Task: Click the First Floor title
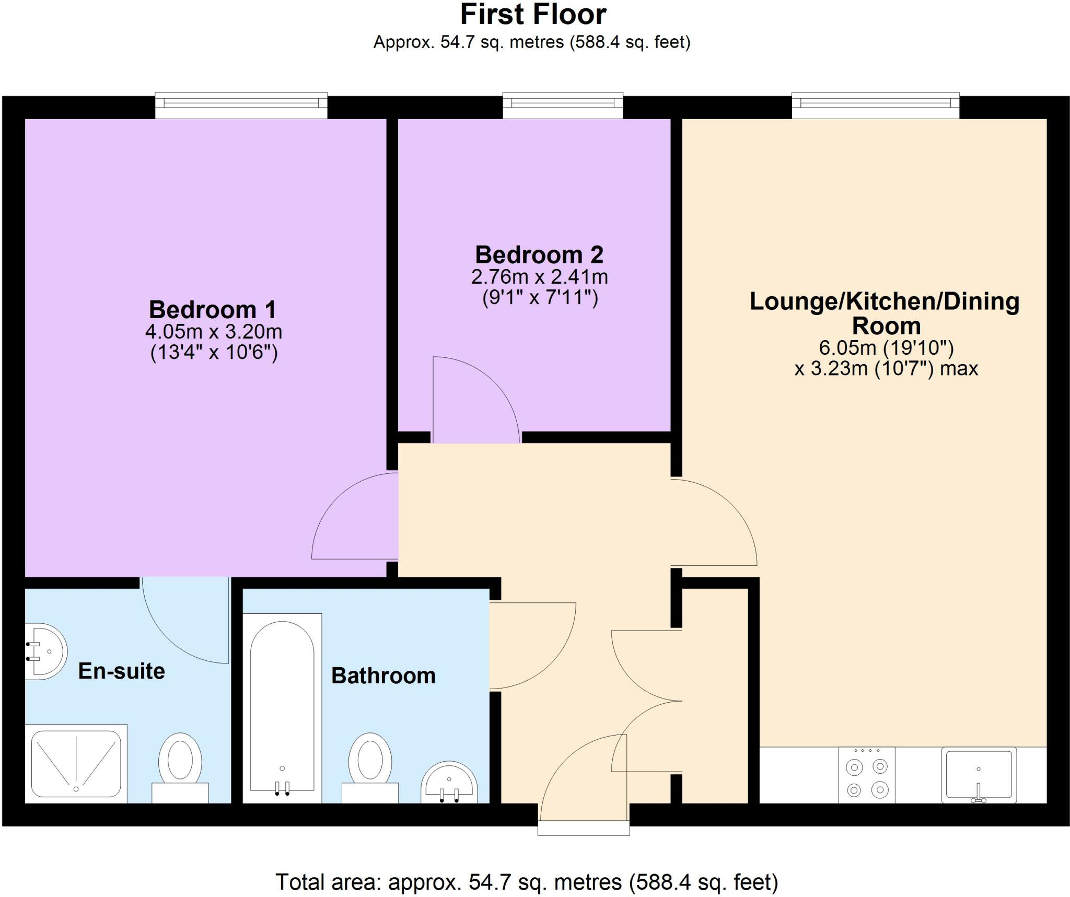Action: click(532, 15)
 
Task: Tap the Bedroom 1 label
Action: click(212, 309)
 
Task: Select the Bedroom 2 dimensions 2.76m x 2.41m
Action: click(539, 276)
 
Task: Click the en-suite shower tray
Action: click(76, 763)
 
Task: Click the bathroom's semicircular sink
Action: click(449, 783)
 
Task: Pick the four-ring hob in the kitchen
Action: click(867, 775)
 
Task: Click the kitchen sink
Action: click(979, 774)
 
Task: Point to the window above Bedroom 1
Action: click(241, 105)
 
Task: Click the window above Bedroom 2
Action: click(563, 105)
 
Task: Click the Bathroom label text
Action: click(383, 675)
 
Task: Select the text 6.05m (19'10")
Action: click(886, 347)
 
